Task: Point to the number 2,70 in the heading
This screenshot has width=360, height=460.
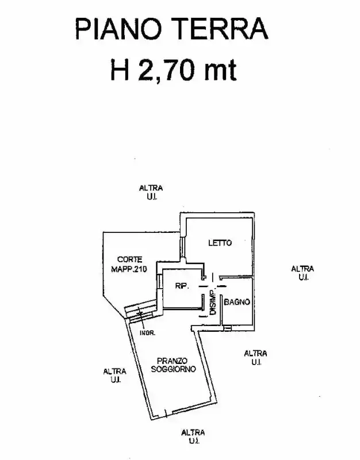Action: [x=166, y=70]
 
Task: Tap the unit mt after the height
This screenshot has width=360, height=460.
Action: [x=220, y=71]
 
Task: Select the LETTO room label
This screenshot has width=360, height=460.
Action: [x=220, y=243]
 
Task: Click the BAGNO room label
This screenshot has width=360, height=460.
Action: [x=237, y=302]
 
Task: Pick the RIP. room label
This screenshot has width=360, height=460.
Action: [x=182, y=286]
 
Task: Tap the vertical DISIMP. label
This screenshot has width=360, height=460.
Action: [x=213, y=302]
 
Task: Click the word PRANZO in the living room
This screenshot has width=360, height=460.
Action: [x=172, y=361]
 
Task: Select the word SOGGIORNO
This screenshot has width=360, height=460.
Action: [x=174, y=369]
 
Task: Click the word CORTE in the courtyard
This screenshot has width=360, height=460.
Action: [x=130, y=260]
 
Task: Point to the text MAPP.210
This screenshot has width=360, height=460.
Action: [x=129, y=269]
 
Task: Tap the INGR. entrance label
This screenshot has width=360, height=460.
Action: [x=147, y=333]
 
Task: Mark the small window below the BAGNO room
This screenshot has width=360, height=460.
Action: [x=227, y=328]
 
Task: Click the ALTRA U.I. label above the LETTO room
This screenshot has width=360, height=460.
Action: [x=151, y=192]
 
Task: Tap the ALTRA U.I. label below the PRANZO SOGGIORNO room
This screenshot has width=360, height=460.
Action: [x=193, y=436]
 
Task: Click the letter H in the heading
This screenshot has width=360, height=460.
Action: [x=120, y=70]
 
